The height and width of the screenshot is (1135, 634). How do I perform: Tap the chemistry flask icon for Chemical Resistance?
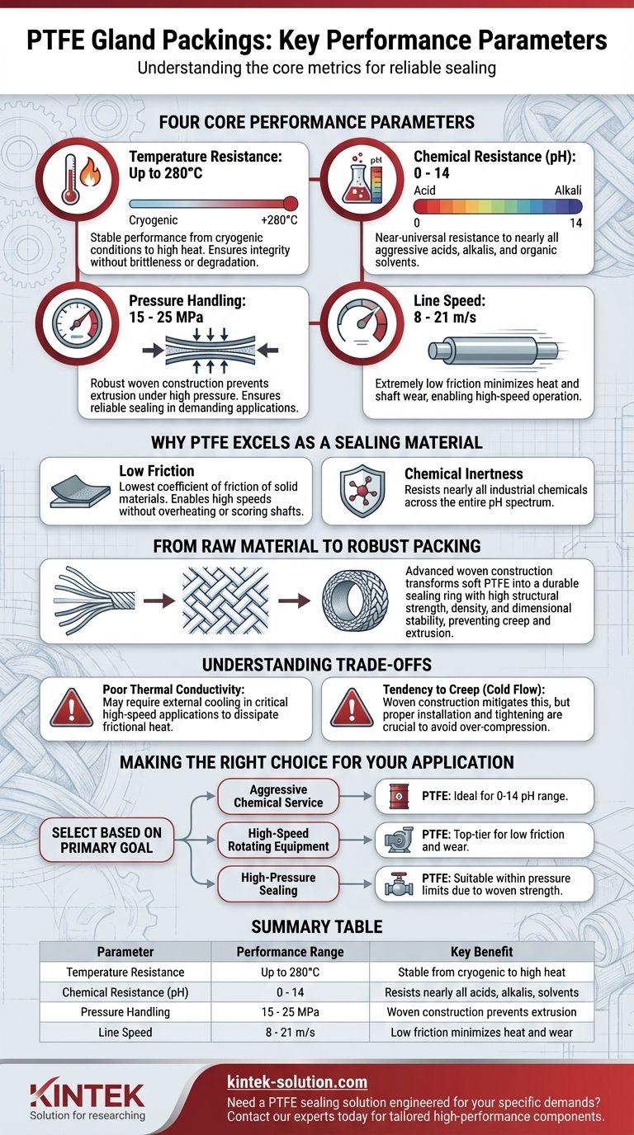(357, 179)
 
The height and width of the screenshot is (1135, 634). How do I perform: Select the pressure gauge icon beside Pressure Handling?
(78, 323)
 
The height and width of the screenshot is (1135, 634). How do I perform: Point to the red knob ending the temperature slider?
(290, 204)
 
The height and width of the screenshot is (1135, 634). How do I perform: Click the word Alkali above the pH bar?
(568, 191)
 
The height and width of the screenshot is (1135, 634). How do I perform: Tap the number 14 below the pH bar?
(575, 223)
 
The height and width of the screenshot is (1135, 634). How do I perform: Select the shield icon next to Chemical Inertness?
(361, 491)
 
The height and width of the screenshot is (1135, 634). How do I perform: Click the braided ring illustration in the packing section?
(355, 600)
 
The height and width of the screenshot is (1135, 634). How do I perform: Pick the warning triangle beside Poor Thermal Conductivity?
(72, 708)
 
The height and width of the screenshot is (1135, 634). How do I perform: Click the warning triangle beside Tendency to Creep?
(352, 708)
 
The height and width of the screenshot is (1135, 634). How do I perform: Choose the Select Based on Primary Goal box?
(106, 840)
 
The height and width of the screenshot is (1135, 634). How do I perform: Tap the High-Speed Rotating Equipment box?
(278, 840)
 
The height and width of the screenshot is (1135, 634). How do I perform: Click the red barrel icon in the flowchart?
(400, 796)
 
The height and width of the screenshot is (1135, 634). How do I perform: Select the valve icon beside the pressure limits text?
(399, 884)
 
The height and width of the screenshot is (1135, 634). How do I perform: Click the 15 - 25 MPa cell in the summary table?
(290, 1012)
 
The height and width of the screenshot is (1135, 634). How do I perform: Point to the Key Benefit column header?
(481, 952)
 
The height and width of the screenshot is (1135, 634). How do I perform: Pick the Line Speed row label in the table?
(125, 1032)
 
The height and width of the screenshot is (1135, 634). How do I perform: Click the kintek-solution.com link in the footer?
(297, 1082)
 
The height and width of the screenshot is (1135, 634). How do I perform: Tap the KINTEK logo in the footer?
(88, 1099)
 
